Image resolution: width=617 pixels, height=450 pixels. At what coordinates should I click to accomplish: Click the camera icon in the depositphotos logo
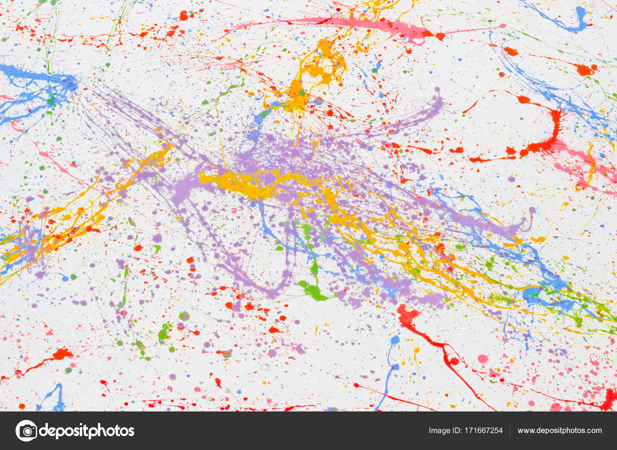(x=27, y=431)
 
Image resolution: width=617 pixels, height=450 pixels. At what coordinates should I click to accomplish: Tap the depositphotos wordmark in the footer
(x=87, y=431)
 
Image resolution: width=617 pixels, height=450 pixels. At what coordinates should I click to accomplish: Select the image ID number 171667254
(x=483, y=431)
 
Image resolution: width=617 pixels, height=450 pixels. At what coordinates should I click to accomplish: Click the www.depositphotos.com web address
(x=560, y=431)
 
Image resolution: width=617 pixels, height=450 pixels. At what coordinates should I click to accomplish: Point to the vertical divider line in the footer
(x=510, y=431)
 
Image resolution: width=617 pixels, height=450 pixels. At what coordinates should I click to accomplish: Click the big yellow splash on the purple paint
(x=247, y=183)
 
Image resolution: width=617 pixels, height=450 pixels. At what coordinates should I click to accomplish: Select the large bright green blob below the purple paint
(x=314, y=291)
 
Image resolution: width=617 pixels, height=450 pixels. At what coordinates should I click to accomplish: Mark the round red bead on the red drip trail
(x=454, y=361)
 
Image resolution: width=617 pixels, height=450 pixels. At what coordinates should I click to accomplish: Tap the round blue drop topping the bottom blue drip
(x=395, y=340)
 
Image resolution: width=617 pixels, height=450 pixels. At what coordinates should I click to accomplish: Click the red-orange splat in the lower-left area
(x=62, y=354)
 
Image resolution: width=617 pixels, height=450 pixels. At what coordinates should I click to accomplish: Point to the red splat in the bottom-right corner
(x=609, y=399)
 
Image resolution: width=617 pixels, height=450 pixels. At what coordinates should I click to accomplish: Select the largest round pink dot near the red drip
(x=483, y=359)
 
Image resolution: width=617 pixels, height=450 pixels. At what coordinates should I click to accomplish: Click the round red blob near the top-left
(x=184, y=16)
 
